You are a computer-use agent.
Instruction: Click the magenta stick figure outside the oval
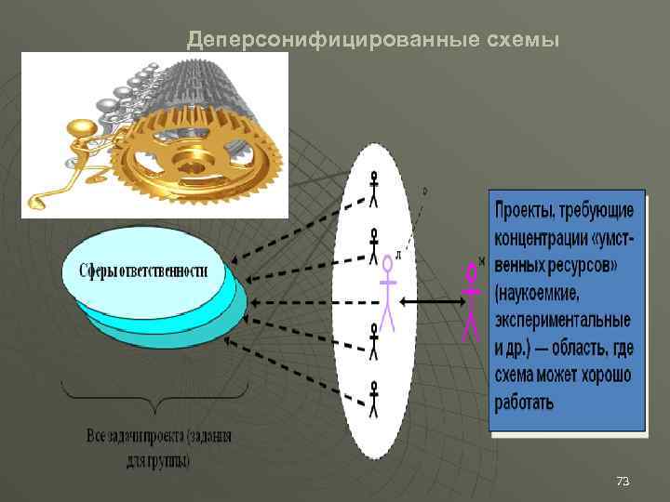click(x=473, y=298)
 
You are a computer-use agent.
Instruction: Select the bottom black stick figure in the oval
click(x=374, y=397)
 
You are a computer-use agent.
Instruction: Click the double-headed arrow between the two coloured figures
click(x=431, y=301)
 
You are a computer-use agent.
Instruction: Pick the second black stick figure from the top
click(x=374, y=244)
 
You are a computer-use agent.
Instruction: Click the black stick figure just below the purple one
click(x=374, y=341)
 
